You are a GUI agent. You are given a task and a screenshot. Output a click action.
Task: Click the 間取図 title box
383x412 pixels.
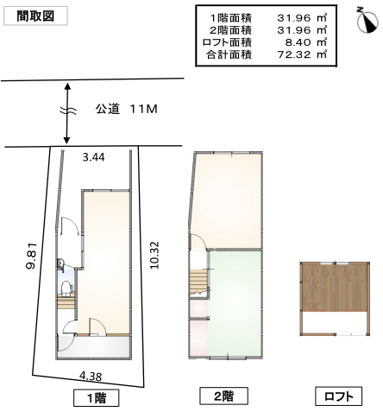pos(35,16)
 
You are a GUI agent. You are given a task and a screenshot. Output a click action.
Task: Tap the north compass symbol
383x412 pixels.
pos(367,21)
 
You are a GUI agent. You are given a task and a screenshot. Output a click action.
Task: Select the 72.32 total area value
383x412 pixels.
pos(294,54)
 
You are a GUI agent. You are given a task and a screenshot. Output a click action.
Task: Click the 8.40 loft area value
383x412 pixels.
pos(298,42)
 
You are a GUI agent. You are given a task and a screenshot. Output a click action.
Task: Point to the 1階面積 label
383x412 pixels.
pos(231,18)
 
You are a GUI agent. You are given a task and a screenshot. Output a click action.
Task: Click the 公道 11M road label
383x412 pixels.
pos(127,109)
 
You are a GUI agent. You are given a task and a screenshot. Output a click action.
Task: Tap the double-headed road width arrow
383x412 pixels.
pos(67,113)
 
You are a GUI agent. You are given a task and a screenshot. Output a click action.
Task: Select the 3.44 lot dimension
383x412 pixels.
pos(93,157)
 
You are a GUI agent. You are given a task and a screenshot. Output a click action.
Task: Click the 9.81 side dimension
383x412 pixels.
pos(31,256)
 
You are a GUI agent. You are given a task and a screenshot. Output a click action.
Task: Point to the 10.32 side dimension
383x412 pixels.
pos(154,255)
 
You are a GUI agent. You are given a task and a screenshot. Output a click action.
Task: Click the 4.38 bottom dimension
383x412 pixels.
pos(91,376)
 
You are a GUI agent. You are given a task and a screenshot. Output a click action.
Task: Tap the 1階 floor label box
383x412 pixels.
pos(97,397)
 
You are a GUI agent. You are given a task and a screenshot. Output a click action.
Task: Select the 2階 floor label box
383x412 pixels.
pos(223,396)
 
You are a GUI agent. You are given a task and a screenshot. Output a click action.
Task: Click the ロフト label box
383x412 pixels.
pos(338,396)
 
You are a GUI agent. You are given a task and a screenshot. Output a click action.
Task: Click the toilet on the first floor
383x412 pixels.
pos(67,288)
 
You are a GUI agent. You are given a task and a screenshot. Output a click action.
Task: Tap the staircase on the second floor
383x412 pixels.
pos(198,283)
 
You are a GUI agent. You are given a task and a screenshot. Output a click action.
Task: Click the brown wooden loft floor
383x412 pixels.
pos(335,288)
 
